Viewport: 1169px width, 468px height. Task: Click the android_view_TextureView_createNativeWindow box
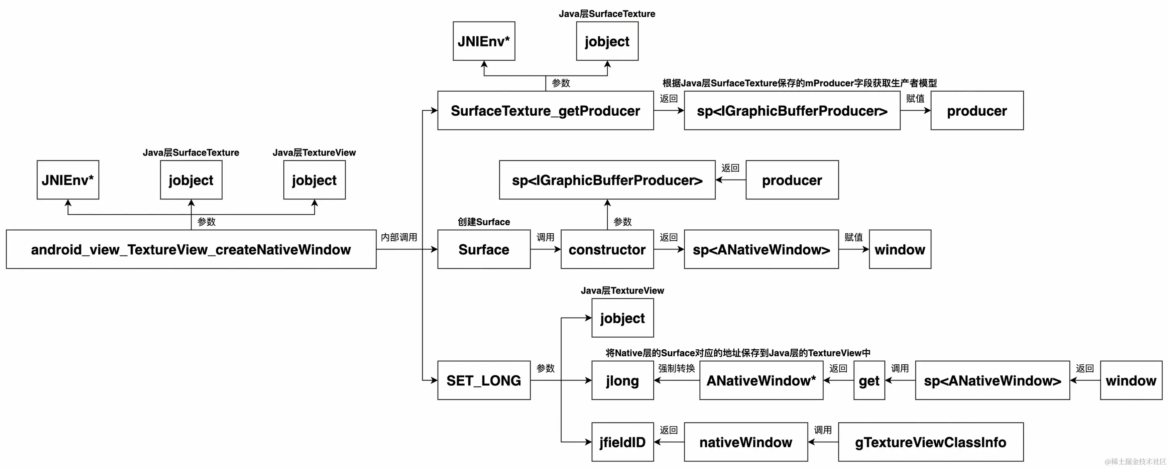click(x=191, y=249)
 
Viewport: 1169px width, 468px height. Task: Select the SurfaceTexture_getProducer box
click(x=545, y=111)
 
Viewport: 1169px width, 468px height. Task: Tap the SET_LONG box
click(x=484, y=380)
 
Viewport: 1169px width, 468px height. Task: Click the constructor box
click(x=607, y=249)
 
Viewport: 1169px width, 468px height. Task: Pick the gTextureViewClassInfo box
click(x=930, y=442)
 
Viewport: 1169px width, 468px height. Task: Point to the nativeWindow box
click(x=746, y=442)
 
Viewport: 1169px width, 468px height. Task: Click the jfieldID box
click(x=622, y=442)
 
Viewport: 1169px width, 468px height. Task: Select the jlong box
click(x=622, y=380)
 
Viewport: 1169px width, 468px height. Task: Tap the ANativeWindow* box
click(x=761, y=380)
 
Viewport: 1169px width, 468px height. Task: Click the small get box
click(x=869, y=380)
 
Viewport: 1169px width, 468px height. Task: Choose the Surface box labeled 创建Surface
click(x=484, y=249)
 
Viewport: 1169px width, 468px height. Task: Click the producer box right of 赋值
click(x=976, y=111)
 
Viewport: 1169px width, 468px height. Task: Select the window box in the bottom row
click(x=1130, y=380)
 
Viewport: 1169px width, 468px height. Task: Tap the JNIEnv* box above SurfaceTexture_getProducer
click(x=484, y=41)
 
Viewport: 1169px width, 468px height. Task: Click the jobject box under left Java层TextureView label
click(x=314, y=180)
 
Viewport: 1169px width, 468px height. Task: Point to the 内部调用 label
click(x=399, y=237)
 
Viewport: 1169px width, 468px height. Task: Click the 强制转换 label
click(x=676, y=368)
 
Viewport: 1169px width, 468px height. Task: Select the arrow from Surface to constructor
click(x=545, y=249)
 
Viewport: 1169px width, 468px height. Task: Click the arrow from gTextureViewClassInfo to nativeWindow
click(x=823, y=442)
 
